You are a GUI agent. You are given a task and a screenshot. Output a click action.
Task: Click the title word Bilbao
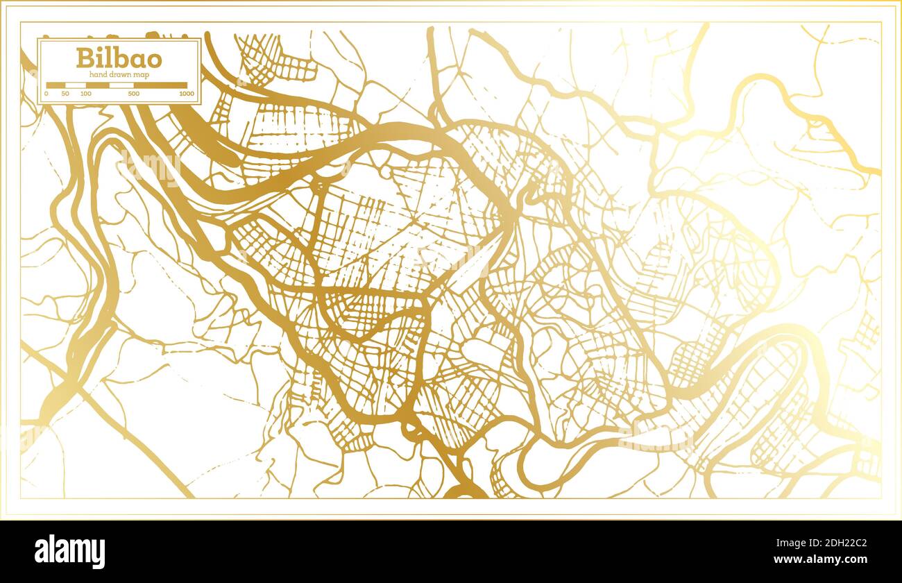point(119,58)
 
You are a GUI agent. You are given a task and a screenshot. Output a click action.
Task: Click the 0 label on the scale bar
point(46,94)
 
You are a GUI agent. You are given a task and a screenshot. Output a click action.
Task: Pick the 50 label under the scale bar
point(65,94)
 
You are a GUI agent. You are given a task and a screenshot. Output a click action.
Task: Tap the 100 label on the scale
point(85,94)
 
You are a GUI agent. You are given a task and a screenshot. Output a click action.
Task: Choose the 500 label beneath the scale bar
point(134,94)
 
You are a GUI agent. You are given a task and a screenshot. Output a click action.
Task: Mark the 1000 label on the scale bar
point(186,94)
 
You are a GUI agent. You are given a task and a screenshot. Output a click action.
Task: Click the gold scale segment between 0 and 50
point(56,85)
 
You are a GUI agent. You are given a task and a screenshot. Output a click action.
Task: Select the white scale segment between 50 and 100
point(75,85)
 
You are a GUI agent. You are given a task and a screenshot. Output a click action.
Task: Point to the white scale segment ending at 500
point(121,85)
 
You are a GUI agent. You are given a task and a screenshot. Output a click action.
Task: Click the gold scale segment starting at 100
point(97,85)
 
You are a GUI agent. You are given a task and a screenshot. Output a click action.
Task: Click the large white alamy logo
point(69,551)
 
